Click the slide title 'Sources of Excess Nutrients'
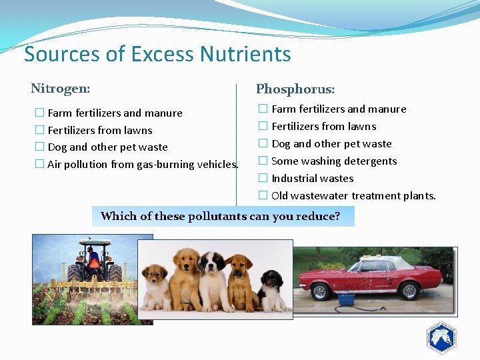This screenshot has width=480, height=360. (157, 53)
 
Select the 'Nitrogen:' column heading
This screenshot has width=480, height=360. (61, 88)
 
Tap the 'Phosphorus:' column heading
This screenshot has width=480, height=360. (295, 89)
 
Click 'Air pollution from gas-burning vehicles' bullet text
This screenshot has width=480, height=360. (143, 164)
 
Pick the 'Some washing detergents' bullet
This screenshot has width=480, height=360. (334, 161)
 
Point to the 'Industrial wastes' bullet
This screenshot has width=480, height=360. (312, 178)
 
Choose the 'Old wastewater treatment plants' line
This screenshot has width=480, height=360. (353, 195)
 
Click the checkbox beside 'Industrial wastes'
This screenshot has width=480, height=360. (263, 178)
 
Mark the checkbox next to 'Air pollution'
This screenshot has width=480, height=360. (39, 164)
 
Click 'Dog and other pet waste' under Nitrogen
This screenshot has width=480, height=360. (107, 147)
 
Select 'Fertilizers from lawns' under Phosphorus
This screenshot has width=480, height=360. (323, 126)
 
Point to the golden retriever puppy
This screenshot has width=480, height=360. (185, 277)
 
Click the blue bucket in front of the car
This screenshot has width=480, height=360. (345, 299)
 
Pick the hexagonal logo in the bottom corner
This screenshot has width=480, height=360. (441, 338)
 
